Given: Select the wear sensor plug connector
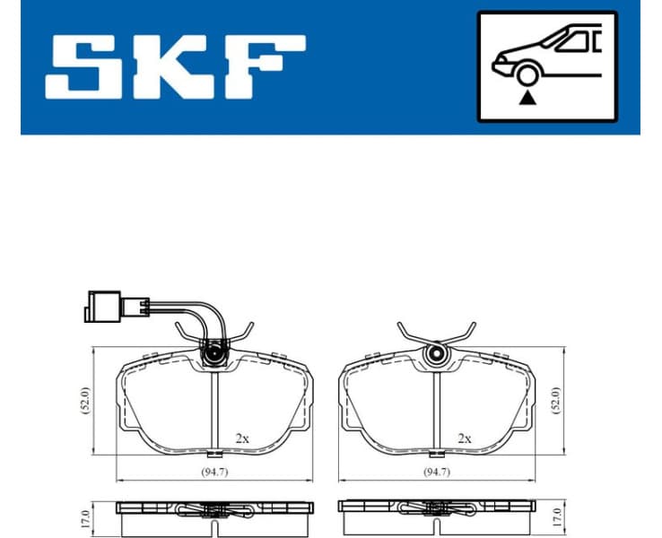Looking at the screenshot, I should point(104,307).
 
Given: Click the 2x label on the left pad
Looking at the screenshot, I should point(242,438).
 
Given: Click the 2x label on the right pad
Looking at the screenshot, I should point(464,438).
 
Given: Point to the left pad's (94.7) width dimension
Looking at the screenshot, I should point(215,473).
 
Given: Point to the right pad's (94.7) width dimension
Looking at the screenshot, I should point(437,473).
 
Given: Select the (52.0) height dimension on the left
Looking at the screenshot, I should point(85,399).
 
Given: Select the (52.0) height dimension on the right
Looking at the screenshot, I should point(556,399).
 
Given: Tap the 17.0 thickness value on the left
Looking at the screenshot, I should point(85,517).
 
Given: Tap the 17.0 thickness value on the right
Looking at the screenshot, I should point(556,517).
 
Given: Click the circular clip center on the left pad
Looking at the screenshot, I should point(215,355).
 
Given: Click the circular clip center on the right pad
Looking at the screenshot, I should point(437,355).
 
